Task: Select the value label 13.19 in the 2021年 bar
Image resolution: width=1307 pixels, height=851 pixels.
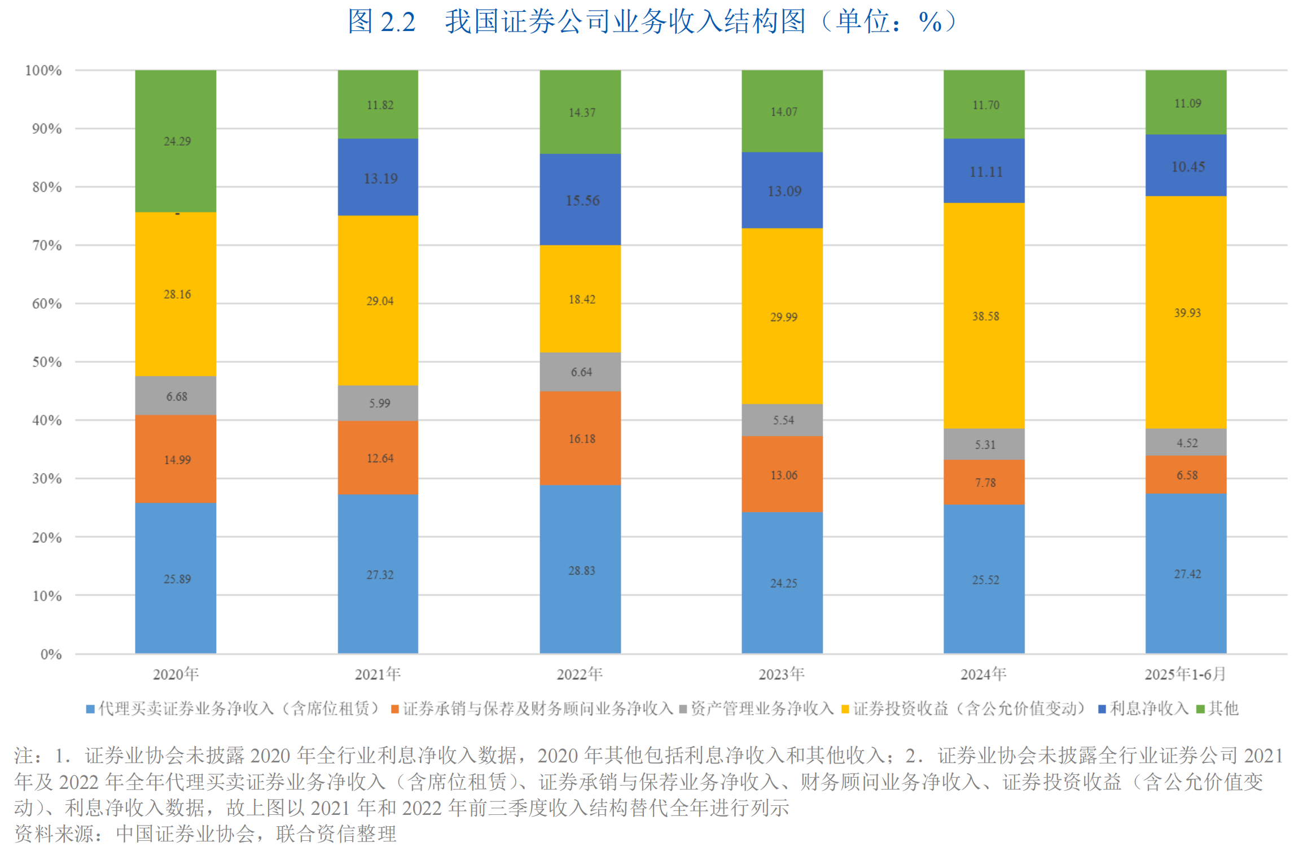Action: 380,179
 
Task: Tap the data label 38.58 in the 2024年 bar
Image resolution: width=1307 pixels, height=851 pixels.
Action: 985,317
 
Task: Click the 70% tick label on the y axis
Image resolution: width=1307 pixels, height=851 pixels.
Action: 47,245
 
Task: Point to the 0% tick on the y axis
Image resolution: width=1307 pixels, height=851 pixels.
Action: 51,655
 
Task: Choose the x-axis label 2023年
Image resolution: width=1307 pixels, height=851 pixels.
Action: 781,674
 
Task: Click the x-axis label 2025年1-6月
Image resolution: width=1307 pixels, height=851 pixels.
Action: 1185,674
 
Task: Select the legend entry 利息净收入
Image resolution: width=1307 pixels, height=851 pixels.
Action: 1148,709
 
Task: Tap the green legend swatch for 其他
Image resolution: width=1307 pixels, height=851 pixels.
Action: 1201,709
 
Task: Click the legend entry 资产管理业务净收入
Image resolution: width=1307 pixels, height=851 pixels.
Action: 762,709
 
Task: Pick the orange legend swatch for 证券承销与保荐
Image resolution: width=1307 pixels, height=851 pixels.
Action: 395,709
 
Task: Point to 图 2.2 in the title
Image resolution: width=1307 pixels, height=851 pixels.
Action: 381,22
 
